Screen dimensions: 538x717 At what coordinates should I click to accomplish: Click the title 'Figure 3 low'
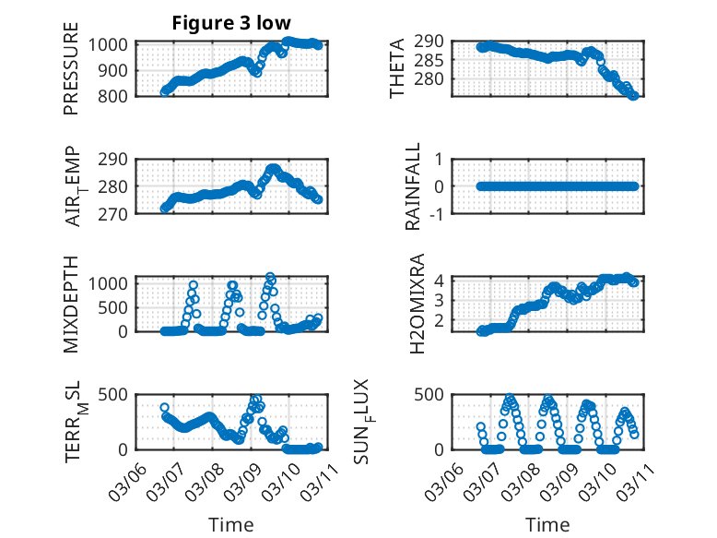point(230,23)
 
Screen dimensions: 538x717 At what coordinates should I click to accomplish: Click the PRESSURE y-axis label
point(72,69)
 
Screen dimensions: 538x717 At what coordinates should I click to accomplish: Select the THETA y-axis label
point(397,69)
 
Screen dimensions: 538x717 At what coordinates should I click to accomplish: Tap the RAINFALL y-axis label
point(414,186)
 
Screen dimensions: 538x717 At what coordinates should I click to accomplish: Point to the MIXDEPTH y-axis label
point(72,304)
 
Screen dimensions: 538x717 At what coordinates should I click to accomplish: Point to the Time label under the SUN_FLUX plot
point(548,524)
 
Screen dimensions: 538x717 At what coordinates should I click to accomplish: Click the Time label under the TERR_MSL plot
point(230,524)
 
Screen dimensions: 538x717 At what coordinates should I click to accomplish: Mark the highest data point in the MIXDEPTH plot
point(270,277)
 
